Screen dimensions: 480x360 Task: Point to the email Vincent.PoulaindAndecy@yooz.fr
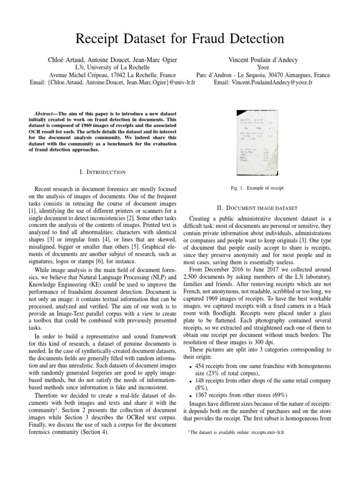click(x=262, y=82)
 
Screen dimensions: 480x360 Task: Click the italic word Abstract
click(x=45, y=113)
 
